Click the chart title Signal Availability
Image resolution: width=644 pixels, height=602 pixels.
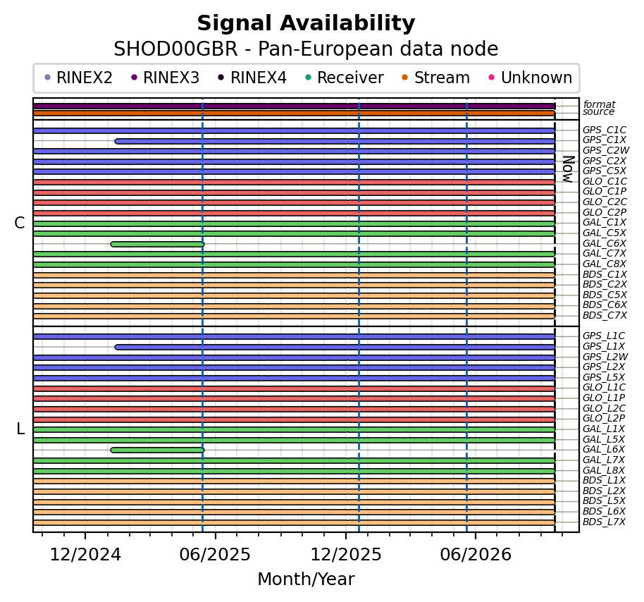(306, 23)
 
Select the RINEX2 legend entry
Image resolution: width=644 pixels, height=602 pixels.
(78, 78)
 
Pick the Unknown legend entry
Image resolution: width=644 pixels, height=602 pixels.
(531, 78)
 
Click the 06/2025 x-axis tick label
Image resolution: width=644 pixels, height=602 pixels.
(215, 555)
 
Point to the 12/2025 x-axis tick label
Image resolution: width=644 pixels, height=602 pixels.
(346, 555)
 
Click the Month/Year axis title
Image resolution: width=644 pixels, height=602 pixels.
(306, 579)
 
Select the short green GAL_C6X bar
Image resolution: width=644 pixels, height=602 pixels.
(157, 244)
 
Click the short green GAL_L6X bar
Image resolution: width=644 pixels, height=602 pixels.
(157, 450)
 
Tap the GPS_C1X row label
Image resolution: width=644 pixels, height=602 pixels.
(604, 140)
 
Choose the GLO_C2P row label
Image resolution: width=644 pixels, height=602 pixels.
(605, 212)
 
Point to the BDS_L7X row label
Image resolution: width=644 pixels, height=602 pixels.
(604, 522)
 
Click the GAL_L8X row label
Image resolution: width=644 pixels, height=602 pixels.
(604, 470)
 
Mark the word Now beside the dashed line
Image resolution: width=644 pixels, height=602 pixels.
(568, 169)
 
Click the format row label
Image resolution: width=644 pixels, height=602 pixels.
(599, 104)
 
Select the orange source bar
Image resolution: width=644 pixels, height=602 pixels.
(294, 113)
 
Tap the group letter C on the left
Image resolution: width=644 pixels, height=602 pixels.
(20, 223)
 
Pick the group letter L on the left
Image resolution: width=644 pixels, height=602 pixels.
(20, 429)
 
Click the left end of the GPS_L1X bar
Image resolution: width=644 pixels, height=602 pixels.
(116, 348)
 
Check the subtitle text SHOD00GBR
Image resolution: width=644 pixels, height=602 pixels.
(175, 49)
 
